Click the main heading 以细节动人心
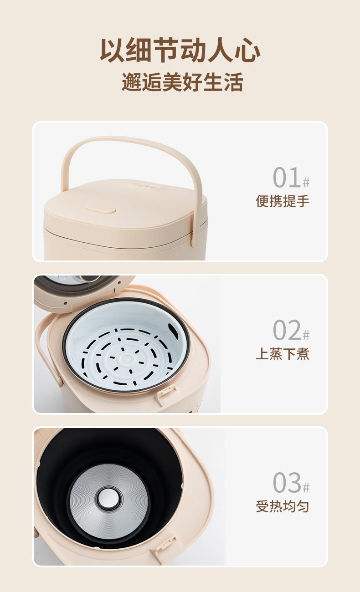180,50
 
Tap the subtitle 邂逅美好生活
182,82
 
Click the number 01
287,177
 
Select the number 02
287,330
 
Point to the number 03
287,483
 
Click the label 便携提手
283,201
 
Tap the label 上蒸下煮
283,354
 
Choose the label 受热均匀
283,506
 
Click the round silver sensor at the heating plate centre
109,499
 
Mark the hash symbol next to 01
306,182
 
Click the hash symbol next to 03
306,487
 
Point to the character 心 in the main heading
247,50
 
